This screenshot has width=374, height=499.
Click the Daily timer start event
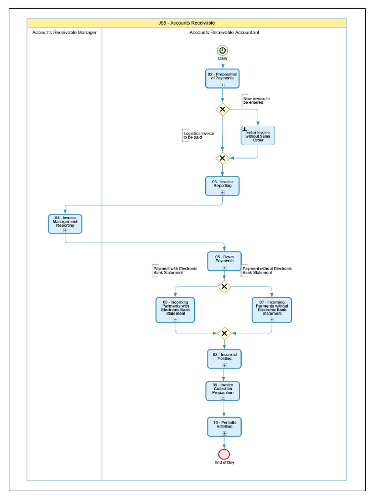tap(223, 50)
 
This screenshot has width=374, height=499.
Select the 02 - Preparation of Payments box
tap(222, 78)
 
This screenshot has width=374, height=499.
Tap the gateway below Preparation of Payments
tap(223, 109)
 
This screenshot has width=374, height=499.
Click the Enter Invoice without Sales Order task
tap(258, 135)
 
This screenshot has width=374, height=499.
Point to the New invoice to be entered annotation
tap(257, 100)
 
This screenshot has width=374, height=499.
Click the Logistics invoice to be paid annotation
tap(198, 135)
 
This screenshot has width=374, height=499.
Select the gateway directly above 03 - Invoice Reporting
tap(223, 158)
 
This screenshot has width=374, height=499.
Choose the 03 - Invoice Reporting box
tap(222, 186)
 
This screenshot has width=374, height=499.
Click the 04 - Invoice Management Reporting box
tap(65, 224)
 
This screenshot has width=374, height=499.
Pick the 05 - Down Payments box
tap(224, 261)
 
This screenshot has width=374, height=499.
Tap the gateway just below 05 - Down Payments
tap(224, 287)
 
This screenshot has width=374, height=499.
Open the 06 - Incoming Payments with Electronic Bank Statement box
tap(175, 310)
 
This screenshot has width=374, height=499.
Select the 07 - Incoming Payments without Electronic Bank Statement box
tap(272, 310)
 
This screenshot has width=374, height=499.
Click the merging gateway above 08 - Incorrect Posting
tap(224, 333)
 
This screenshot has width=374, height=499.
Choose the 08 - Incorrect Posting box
tap(224, 359)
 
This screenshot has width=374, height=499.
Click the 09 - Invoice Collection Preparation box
tap(223, 391)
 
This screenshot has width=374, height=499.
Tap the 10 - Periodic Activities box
tap(224, 426)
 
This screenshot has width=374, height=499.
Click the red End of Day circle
tap(224, 454)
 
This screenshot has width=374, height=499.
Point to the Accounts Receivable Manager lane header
tap(64, 32)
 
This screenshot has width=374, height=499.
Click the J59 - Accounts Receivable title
tap(187, 23)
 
